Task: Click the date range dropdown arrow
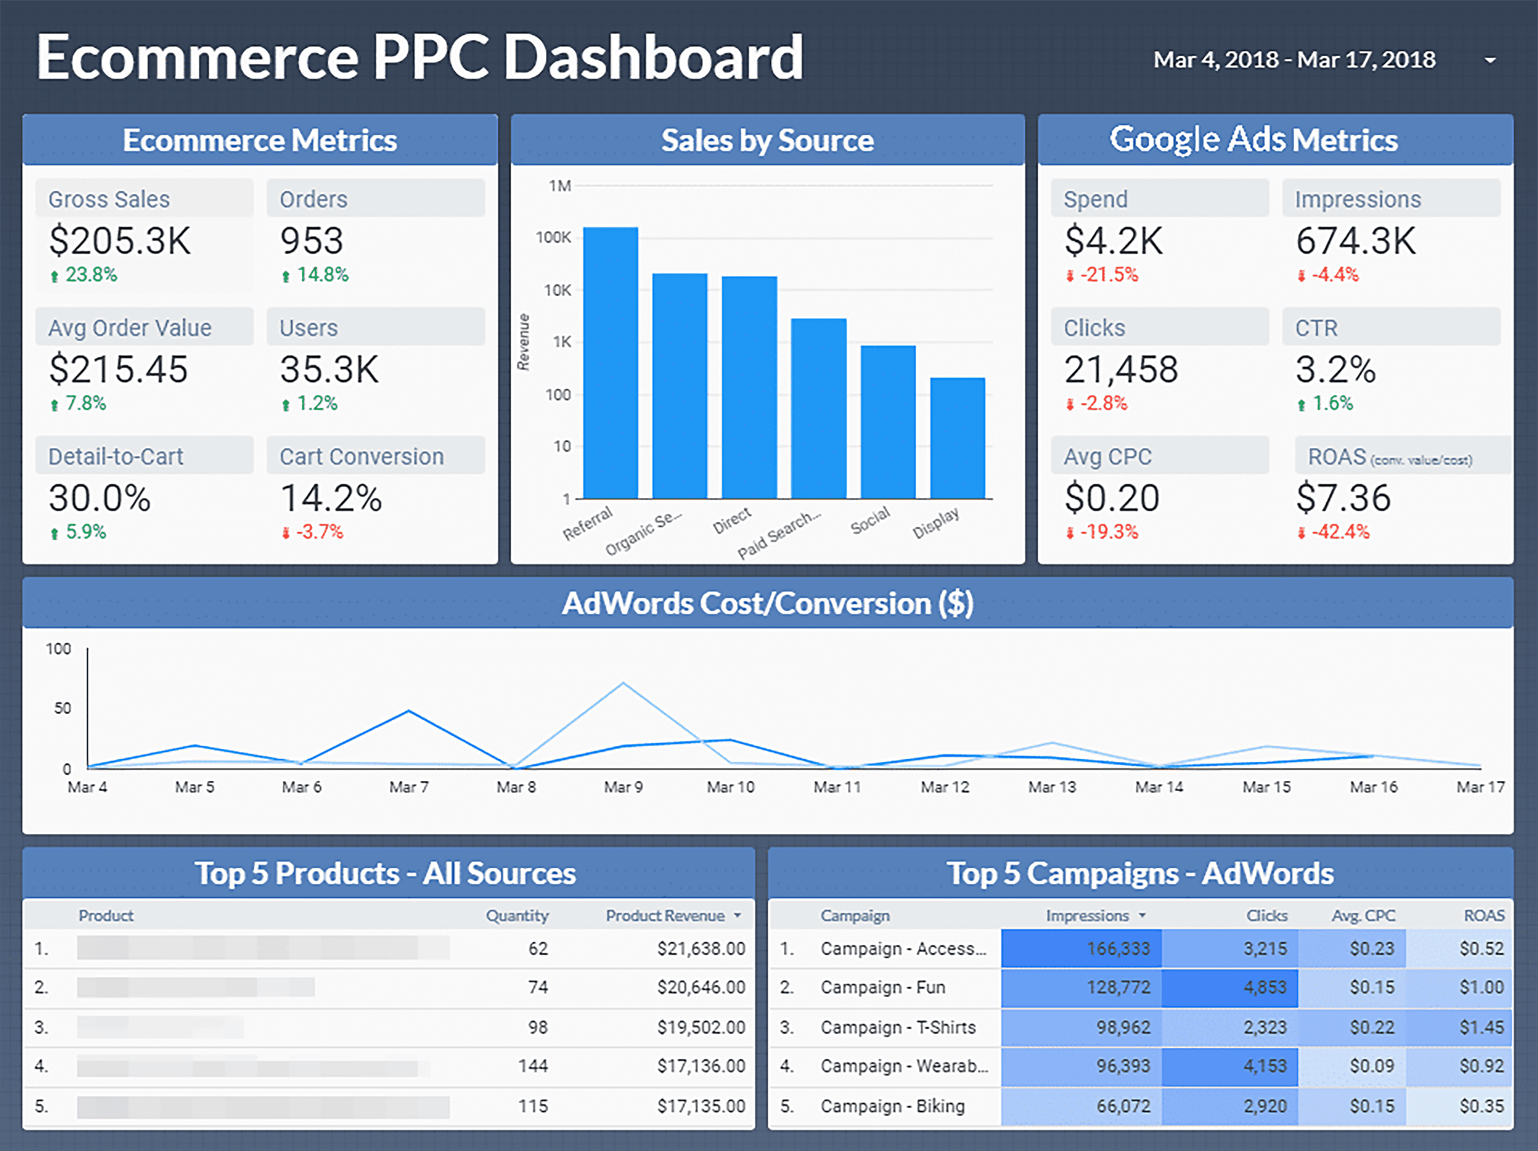coord(1489,60)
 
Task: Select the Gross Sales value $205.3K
coord(119,241)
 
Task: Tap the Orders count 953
coord(311,241)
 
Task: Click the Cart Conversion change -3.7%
coord(319,532)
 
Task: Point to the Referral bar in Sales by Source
coord(610,362)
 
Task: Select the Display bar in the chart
coord(957,438)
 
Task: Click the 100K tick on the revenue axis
coord(554,238)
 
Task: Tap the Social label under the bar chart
coord(871,520)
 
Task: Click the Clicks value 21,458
coord(1121,370)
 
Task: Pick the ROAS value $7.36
coord(1342,499)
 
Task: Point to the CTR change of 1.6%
coord(1331,403)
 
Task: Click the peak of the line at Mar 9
coord(623,684)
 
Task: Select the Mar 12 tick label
coord(944,787)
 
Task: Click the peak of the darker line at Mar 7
coord(409,711)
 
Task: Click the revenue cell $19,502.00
coord(701,1027)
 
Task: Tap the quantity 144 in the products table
coord(533,1066)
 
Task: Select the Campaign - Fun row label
coord(882,987)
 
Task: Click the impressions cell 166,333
coord(1118,948)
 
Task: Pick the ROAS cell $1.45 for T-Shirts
coord(1481,1027)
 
